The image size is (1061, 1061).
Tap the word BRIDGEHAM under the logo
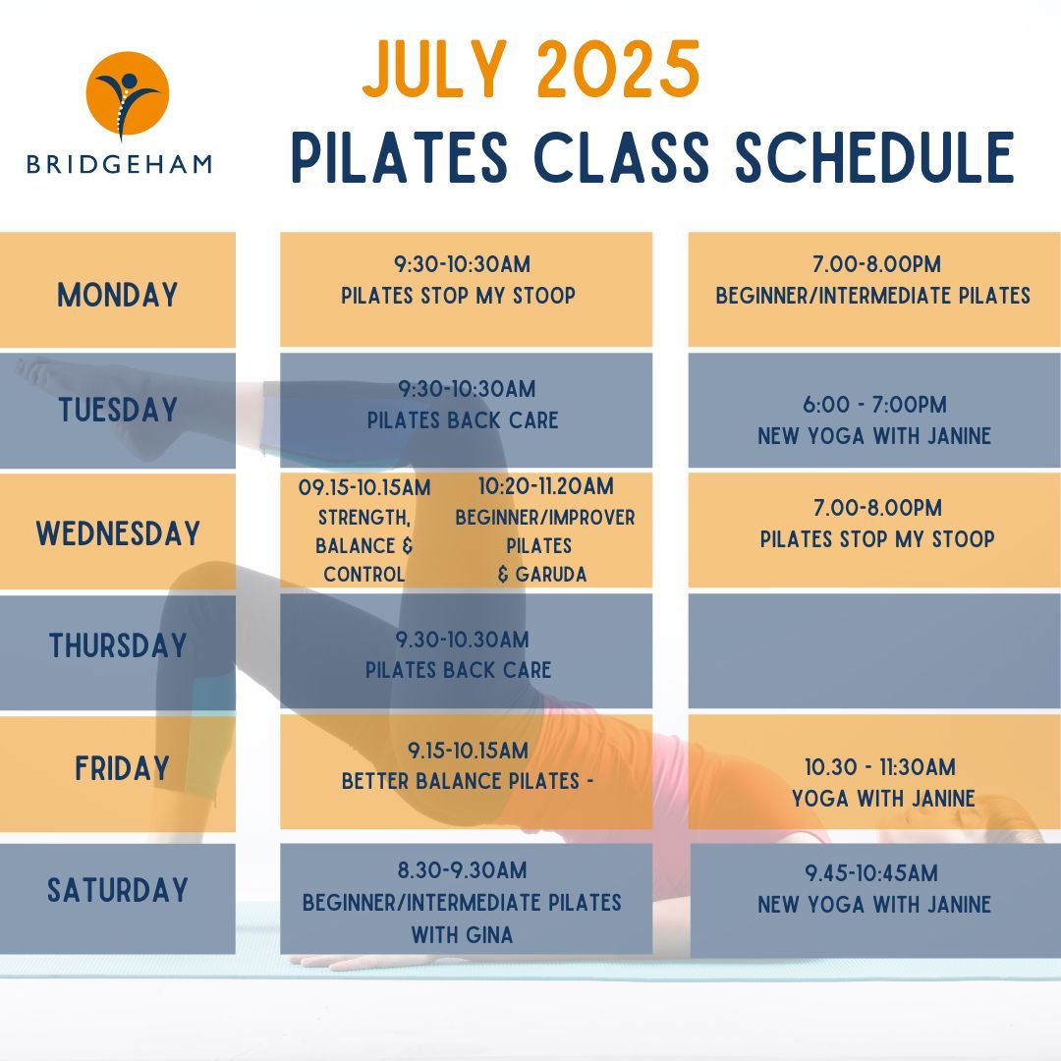pos(119,163)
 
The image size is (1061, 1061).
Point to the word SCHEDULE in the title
pos(874,156)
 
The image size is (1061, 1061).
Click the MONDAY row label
pos(118,294)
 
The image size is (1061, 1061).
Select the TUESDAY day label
pos(118,410)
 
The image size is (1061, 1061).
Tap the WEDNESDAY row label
pos(118,533)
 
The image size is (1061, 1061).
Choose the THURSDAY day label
pos(118,645)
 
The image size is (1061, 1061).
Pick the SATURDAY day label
pos(118,890)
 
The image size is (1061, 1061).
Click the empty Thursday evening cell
pos(874,650)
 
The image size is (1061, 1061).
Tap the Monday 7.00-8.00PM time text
pos(873,264)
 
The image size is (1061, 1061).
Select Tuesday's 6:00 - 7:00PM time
pos(873,405)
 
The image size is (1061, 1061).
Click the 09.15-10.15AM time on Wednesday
pos(363,486)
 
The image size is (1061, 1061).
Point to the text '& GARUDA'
pos(542,575)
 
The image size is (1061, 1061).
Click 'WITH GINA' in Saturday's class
pos(462,934)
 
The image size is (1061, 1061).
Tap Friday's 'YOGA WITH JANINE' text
pos(883,798)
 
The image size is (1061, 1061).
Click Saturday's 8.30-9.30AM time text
pos(462,870)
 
